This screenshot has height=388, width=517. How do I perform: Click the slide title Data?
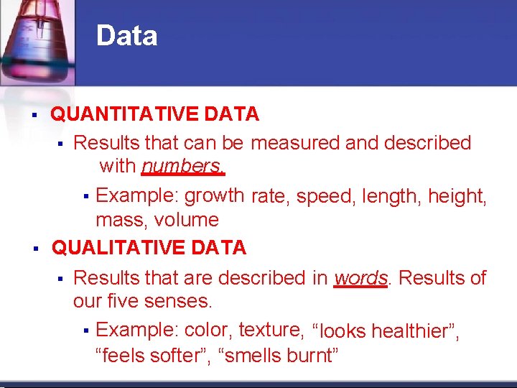(x=126, y=36)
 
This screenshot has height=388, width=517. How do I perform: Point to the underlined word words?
(x=361, y=277)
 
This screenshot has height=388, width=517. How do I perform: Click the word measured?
(x=295, y=143)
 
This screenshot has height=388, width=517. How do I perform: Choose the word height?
(x=457, y=195)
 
